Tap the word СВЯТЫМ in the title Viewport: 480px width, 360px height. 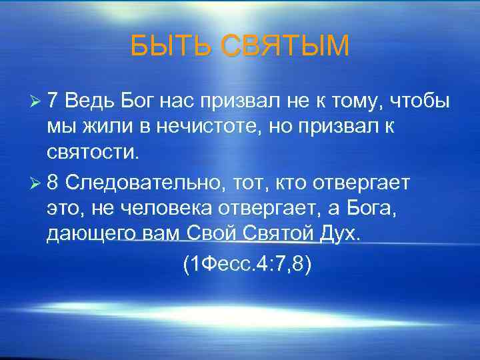pos(285,47)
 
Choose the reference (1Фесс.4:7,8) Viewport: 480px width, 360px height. pos(247,265)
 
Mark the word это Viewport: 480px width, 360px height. pos(64,208)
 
